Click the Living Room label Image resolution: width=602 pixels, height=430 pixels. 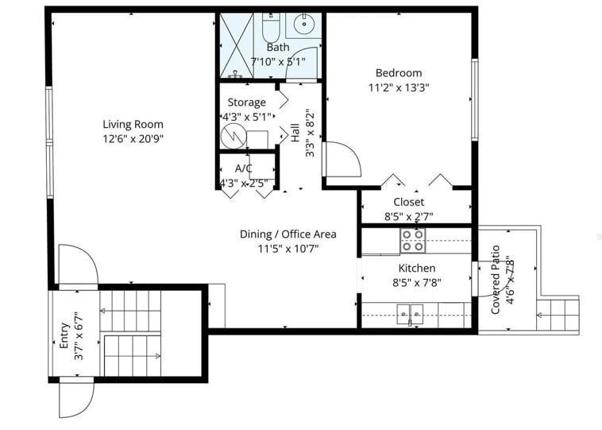[133, 124]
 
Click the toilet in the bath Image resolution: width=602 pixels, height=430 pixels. [271, 28]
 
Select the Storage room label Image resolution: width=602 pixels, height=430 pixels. [246, 103]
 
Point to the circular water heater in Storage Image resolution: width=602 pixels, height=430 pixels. [233, 136]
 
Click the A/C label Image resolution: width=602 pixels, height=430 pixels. [244, 169]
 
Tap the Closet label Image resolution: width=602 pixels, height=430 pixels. [408, 202]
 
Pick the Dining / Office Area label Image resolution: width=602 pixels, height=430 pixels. [287, 234]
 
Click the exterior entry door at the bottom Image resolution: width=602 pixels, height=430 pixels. [76, 397]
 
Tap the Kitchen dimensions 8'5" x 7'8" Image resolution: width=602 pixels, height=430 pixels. [418, 281]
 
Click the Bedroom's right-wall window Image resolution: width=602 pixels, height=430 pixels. [475, 99]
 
